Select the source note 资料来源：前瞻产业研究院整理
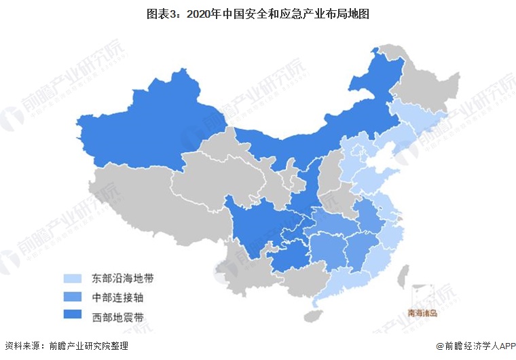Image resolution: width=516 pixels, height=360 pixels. (66, 346)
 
